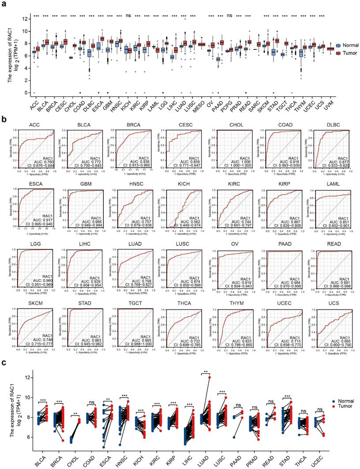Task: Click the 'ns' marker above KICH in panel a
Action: pyautogui.click(x=128, y=15)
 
